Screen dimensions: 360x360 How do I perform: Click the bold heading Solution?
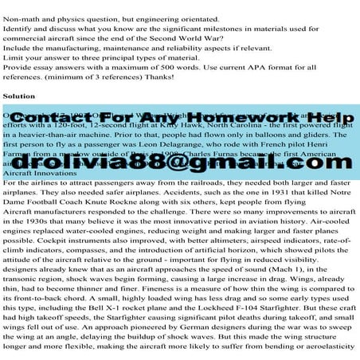[19, 95]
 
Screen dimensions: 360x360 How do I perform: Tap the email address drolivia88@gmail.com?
[180, 162]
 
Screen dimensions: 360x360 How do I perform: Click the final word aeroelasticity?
[326, 359]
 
